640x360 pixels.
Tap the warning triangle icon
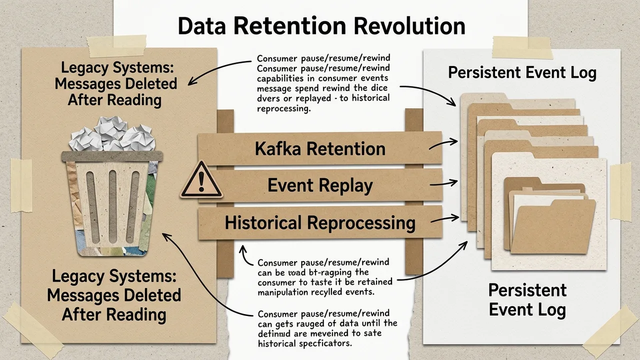pos(201,180)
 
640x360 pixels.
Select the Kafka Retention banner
pos(320,148)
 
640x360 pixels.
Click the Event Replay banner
pos(320,185)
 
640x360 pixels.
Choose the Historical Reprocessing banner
pos(320,222)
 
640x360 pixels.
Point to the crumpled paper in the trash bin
pos(111,134)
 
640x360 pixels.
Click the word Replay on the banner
pos(347,186)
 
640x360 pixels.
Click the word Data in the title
pos(200,26)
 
